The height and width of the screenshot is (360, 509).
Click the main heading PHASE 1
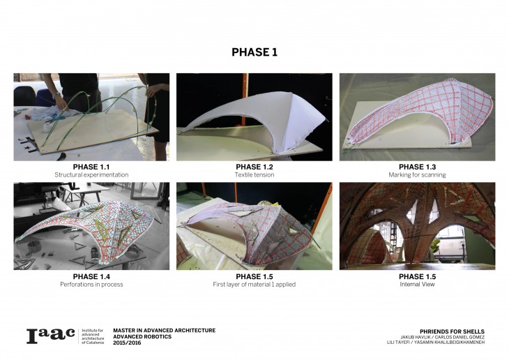(x=254, y=52)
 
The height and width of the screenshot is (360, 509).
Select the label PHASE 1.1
(x=91, y=167)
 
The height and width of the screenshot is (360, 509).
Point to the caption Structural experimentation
(x=91, y=175)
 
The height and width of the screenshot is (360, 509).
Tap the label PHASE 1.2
(x=254, y=167)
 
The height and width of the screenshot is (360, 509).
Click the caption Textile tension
(x=254, y=175)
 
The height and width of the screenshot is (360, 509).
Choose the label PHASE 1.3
(x=417, y=167)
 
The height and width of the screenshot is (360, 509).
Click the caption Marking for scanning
(x=417, y=175)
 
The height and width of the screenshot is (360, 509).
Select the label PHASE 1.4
(x=91, y=276)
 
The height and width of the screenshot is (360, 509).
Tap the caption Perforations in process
(x=91, y=284)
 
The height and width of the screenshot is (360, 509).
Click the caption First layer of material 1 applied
(x=254, y=284)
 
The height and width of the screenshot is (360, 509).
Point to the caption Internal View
(x=417, y=284)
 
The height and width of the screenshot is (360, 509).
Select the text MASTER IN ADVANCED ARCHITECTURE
(x=165, y=331)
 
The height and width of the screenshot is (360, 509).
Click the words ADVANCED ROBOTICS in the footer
(x=142, y=336)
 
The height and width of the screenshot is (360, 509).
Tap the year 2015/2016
(x=127, y=343)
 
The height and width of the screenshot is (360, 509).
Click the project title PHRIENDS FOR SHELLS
(x=453, y=331)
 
